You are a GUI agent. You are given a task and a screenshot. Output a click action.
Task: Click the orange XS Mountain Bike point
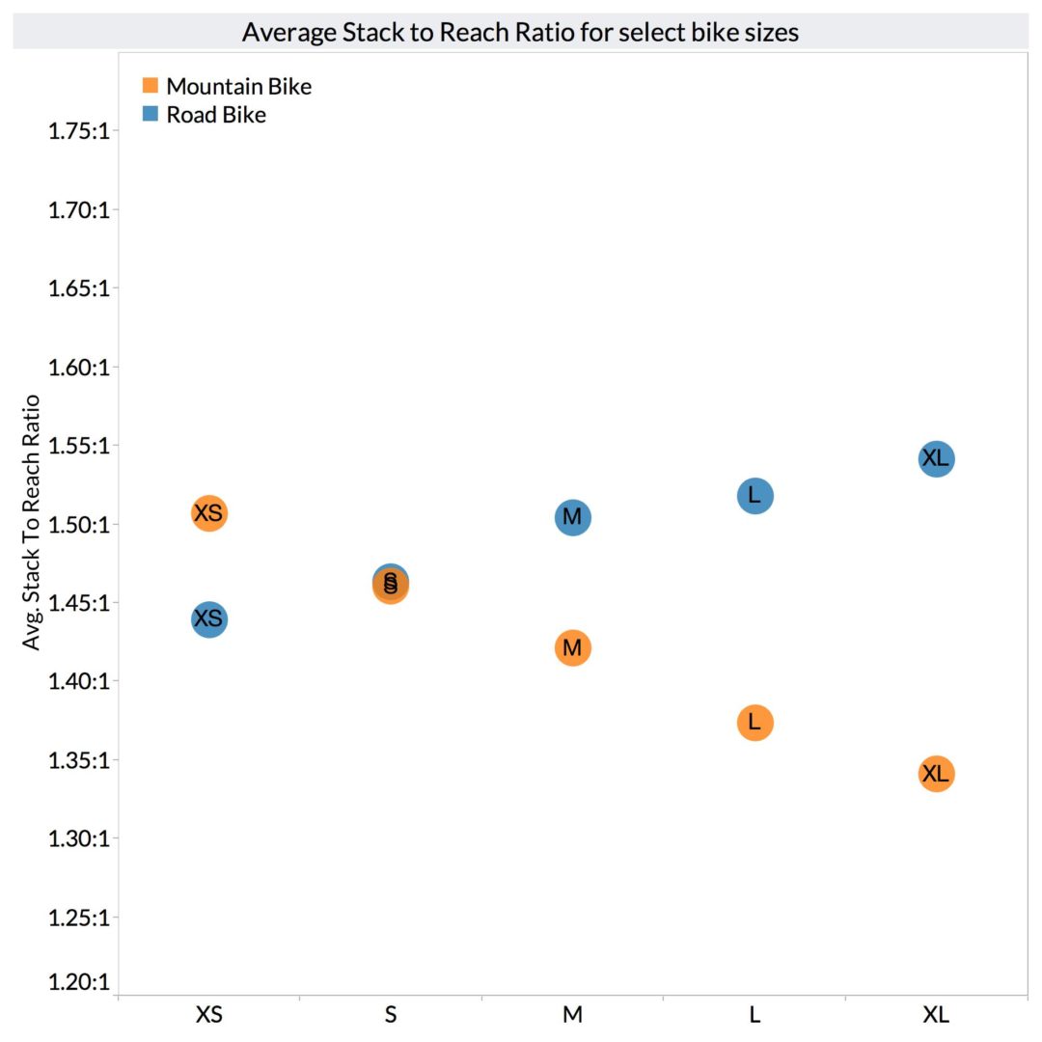(208, 513)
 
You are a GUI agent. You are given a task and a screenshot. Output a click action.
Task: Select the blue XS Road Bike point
(208, 618)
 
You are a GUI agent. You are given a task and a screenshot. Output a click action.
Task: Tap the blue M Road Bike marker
(572, 517)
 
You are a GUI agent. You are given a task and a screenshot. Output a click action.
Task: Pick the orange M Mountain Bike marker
(572, 647)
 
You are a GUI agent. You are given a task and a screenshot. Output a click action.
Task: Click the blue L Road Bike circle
(754, 496)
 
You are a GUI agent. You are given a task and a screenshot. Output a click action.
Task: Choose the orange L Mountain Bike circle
(754, 722)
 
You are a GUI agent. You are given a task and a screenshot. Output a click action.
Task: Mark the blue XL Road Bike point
(936, 458)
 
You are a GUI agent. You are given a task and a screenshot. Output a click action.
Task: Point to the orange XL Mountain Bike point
(936, 773)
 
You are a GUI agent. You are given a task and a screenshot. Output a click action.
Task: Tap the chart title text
(520, 32)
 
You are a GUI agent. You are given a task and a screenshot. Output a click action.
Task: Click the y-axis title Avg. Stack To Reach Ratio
(32, 522)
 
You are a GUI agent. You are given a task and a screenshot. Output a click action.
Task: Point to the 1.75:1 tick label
(77, 131)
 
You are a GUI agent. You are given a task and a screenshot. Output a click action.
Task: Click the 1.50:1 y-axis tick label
(77, 525)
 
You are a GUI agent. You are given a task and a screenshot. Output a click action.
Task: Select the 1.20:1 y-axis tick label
(77, 982)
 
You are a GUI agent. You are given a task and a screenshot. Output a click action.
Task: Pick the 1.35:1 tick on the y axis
(77, 760)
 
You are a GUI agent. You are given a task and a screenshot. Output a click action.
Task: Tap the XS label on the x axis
(208, 1015)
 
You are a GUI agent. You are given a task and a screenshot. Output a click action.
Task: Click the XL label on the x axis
(936, 1015)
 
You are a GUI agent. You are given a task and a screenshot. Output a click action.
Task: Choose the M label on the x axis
(572, 1015)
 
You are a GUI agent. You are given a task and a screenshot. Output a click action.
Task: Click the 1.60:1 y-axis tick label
(77, 368)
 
